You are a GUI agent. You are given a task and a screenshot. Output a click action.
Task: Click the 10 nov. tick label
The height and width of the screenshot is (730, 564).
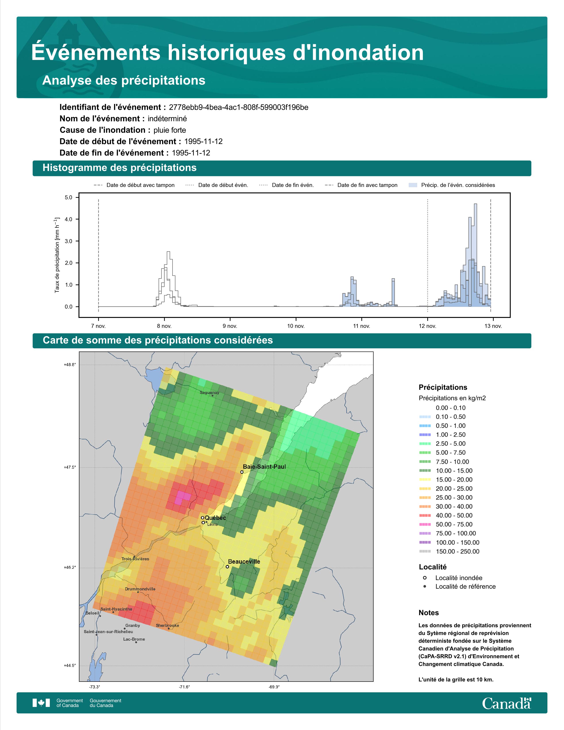[296, 326]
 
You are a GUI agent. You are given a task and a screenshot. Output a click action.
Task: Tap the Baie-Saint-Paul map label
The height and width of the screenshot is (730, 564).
[264, 467]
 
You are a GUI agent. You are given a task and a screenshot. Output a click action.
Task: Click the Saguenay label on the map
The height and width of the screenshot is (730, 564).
[209, 392]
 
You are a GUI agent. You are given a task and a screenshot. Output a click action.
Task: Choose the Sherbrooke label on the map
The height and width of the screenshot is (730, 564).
[167, 625]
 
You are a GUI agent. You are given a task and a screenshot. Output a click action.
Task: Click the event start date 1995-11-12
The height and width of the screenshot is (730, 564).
[203, 141]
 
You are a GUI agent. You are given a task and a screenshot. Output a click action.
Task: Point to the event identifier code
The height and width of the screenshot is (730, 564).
[239, 107]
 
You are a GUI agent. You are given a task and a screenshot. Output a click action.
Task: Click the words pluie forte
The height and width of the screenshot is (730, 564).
[170, 130]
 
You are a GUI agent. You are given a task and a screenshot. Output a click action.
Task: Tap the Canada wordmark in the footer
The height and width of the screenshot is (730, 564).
[506, 703]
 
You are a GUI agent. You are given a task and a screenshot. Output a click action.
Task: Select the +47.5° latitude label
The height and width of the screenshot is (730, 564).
[70, 467]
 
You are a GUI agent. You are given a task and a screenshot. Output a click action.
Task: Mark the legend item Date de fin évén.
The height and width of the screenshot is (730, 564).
[286, 185]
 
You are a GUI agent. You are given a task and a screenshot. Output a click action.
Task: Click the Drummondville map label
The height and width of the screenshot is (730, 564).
[140, 589]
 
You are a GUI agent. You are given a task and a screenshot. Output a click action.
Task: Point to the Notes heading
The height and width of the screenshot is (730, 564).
[429, 613]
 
